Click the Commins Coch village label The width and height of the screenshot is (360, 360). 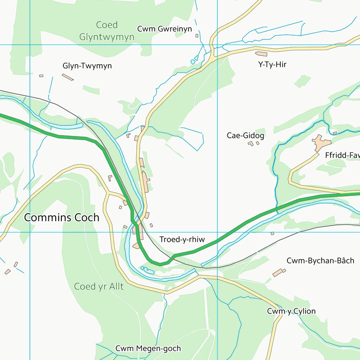tap(61, 217)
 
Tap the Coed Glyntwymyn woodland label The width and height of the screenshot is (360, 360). tap(106, 31)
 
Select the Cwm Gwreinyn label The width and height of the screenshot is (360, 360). tap(165, 29)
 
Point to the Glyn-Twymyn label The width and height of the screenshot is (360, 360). tap(87, 66)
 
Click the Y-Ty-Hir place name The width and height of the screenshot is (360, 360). tap(272, 65)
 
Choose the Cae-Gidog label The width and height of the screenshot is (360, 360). tap(245, 135)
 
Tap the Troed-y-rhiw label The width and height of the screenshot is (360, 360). tap(182, 240)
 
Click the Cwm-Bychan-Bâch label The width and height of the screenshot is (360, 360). tap(320, 261)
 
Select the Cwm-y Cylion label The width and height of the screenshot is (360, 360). tap(291, 311)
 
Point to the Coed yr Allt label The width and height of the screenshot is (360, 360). tap(99, 286)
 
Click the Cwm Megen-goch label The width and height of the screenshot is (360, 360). tap(148, 349)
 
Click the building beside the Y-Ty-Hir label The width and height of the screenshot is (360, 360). tap(261, 54)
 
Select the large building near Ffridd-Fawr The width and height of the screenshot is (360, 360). tap(321, 142)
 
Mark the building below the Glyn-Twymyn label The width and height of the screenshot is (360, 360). tap(68, 77)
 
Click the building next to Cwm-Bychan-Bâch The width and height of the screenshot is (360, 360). tap(279, 272)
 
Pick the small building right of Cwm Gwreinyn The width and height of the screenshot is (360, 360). tap(197, 36)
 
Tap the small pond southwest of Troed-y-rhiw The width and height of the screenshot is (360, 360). tap(147, 270)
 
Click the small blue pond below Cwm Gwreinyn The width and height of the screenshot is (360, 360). tap(193, 62)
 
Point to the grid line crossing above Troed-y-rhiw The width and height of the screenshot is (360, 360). tap(217, 232)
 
